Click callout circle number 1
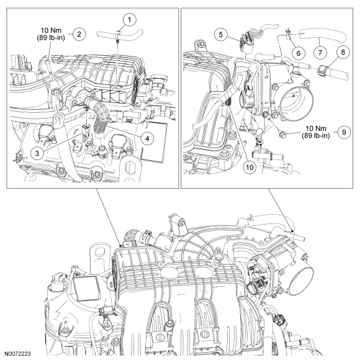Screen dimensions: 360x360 (130, 20)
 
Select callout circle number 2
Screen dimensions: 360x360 (79, 34)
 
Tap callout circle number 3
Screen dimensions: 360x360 (37, 153)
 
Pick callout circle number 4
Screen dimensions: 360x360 (147, 138)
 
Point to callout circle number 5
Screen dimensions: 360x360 (221, 34)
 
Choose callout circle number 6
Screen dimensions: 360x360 (298, 53)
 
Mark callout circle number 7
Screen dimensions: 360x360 (320, 53)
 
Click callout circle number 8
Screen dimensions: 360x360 (343, 52)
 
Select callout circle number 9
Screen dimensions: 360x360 (344, 132)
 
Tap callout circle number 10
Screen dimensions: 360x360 (250, 167)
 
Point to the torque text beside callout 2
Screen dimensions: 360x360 (51, 34)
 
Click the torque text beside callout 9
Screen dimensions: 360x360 (316, 132)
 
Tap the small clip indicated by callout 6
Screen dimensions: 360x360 (288, 34)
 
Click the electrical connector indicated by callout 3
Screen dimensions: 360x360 (86, 130)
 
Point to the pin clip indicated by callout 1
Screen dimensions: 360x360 (118, 35)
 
